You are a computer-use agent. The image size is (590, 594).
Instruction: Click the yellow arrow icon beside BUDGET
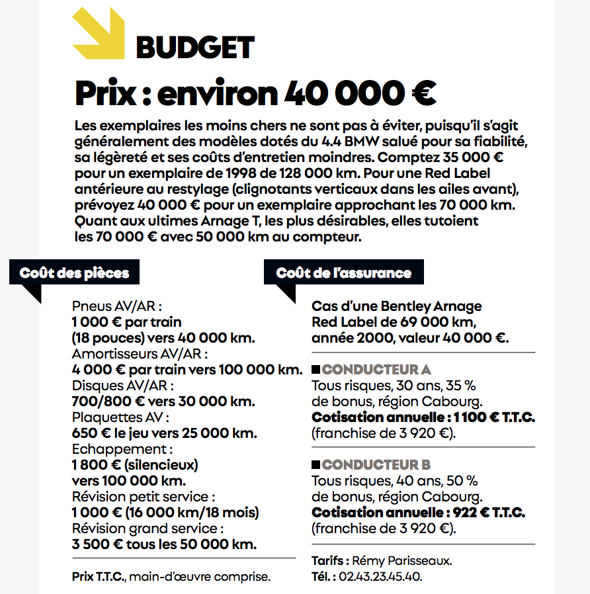[x=98, y=33]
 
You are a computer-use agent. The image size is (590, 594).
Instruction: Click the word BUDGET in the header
[x=195, y=47]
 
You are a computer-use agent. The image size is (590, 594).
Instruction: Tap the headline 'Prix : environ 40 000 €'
[x=255, y=93]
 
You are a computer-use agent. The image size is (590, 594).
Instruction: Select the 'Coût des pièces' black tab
[x=74, y=273]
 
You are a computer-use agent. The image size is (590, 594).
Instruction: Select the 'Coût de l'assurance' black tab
[x=343, y=273]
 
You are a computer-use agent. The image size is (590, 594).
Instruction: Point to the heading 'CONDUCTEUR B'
[x=376, y=464]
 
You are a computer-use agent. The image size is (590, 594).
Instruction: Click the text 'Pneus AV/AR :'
[x=116, y=306]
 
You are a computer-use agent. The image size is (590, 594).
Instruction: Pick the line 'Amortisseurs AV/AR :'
[x=140, y=354]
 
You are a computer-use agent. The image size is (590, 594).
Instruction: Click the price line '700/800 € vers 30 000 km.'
[x=163, y=401]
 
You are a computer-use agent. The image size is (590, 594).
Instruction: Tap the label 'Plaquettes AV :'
[x=120, y=417]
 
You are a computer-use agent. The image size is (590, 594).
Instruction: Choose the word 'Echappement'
[x=112, y=448]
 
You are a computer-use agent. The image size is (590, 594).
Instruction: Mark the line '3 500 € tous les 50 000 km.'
[x=164, y=544]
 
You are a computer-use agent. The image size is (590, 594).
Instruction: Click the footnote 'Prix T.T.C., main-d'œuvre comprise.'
[x=171, y=576]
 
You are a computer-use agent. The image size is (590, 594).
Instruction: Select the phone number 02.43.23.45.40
[x=380, y=576]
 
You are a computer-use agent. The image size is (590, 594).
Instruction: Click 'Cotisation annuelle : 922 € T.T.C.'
[x=418, y=513]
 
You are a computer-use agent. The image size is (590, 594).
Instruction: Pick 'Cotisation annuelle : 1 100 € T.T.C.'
[x=423, y=417]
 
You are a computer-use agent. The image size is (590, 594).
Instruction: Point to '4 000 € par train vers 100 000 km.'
[x=187, y=370]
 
